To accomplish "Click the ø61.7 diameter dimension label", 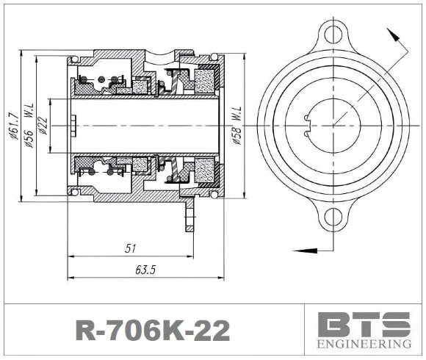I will coord(12,125).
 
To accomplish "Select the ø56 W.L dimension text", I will coord(28,126).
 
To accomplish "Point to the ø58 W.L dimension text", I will coord(237,125).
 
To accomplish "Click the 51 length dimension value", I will coord(131,249).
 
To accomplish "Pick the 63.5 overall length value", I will coord(145,270).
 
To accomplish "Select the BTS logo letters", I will coord(364,324).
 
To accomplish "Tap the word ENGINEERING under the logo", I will coord(364,344).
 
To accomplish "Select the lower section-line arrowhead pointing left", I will coord(297,248).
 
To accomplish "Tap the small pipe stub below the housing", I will coord(189,216).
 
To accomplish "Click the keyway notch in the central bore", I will coord(308,125).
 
